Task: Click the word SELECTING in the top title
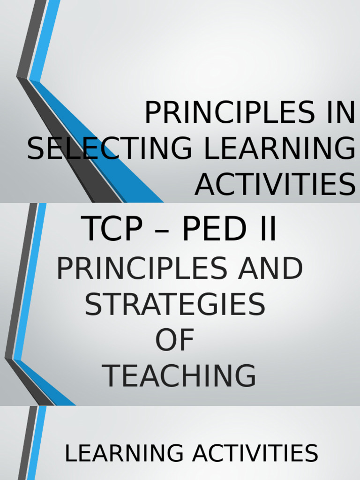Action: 109,149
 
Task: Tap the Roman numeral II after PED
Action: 267,230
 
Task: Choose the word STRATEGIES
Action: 175,304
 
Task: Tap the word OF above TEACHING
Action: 175,340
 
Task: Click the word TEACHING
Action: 180,376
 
